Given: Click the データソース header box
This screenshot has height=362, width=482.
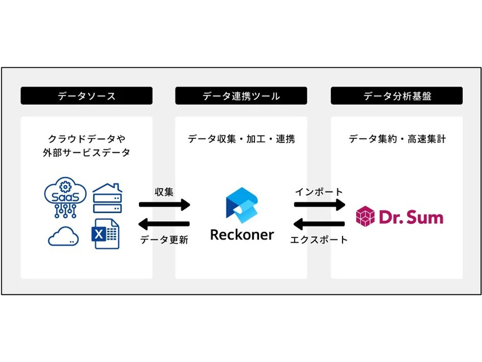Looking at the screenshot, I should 86,96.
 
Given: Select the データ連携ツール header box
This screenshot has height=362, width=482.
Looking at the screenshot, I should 241,96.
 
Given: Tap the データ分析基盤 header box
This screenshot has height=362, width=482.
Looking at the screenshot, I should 397,96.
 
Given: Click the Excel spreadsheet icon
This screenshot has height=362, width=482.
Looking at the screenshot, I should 106,234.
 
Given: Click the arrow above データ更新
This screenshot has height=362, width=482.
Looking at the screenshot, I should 165,224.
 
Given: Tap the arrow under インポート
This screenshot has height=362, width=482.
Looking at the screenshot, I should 319,205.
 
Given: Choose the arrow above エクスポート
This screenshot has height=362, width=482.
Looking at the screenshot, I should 319,224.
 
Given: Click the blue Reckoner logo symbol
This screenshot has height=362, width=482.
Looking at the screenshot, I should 241,204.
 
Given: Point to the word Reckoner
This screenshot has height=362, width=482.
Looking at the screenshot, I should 241,235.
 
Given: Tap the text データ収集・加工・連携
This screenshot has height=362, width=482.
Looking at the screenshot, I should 241,139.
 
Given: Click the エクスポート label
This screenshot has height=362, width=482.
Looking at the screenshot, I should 319,239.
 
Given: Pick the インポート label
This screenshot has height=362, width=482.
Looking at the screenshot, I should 319,192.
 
